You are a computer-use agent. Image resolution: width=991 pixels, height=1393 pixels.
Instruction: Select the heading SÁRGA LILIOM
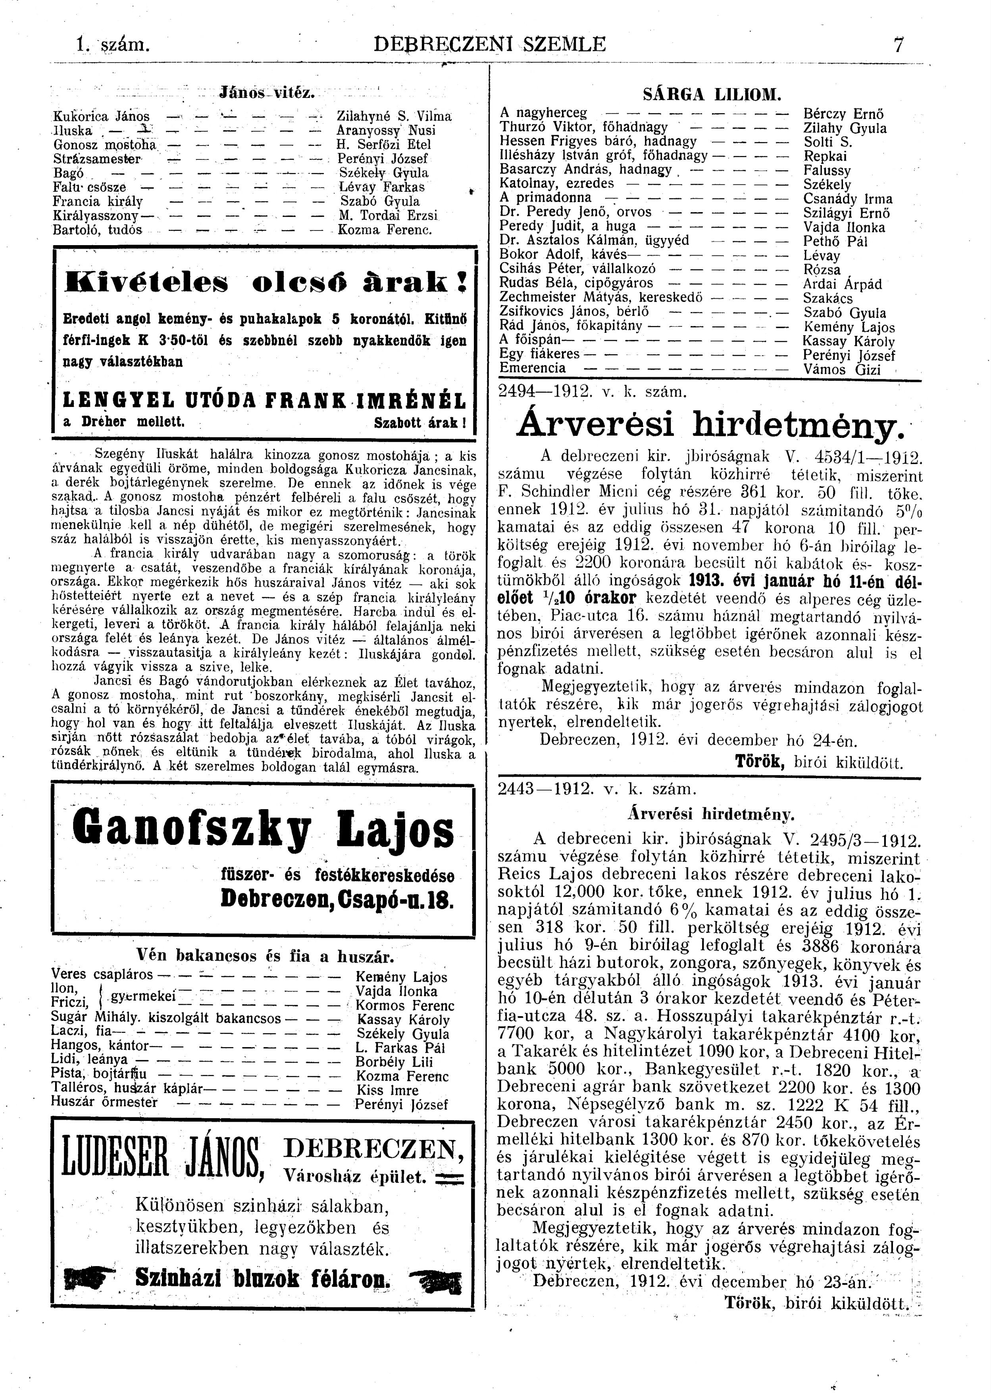coord(712,94)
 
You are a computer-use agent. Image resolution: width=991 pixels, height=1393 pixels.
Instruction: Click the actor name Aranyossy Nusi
coord(386,130)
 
